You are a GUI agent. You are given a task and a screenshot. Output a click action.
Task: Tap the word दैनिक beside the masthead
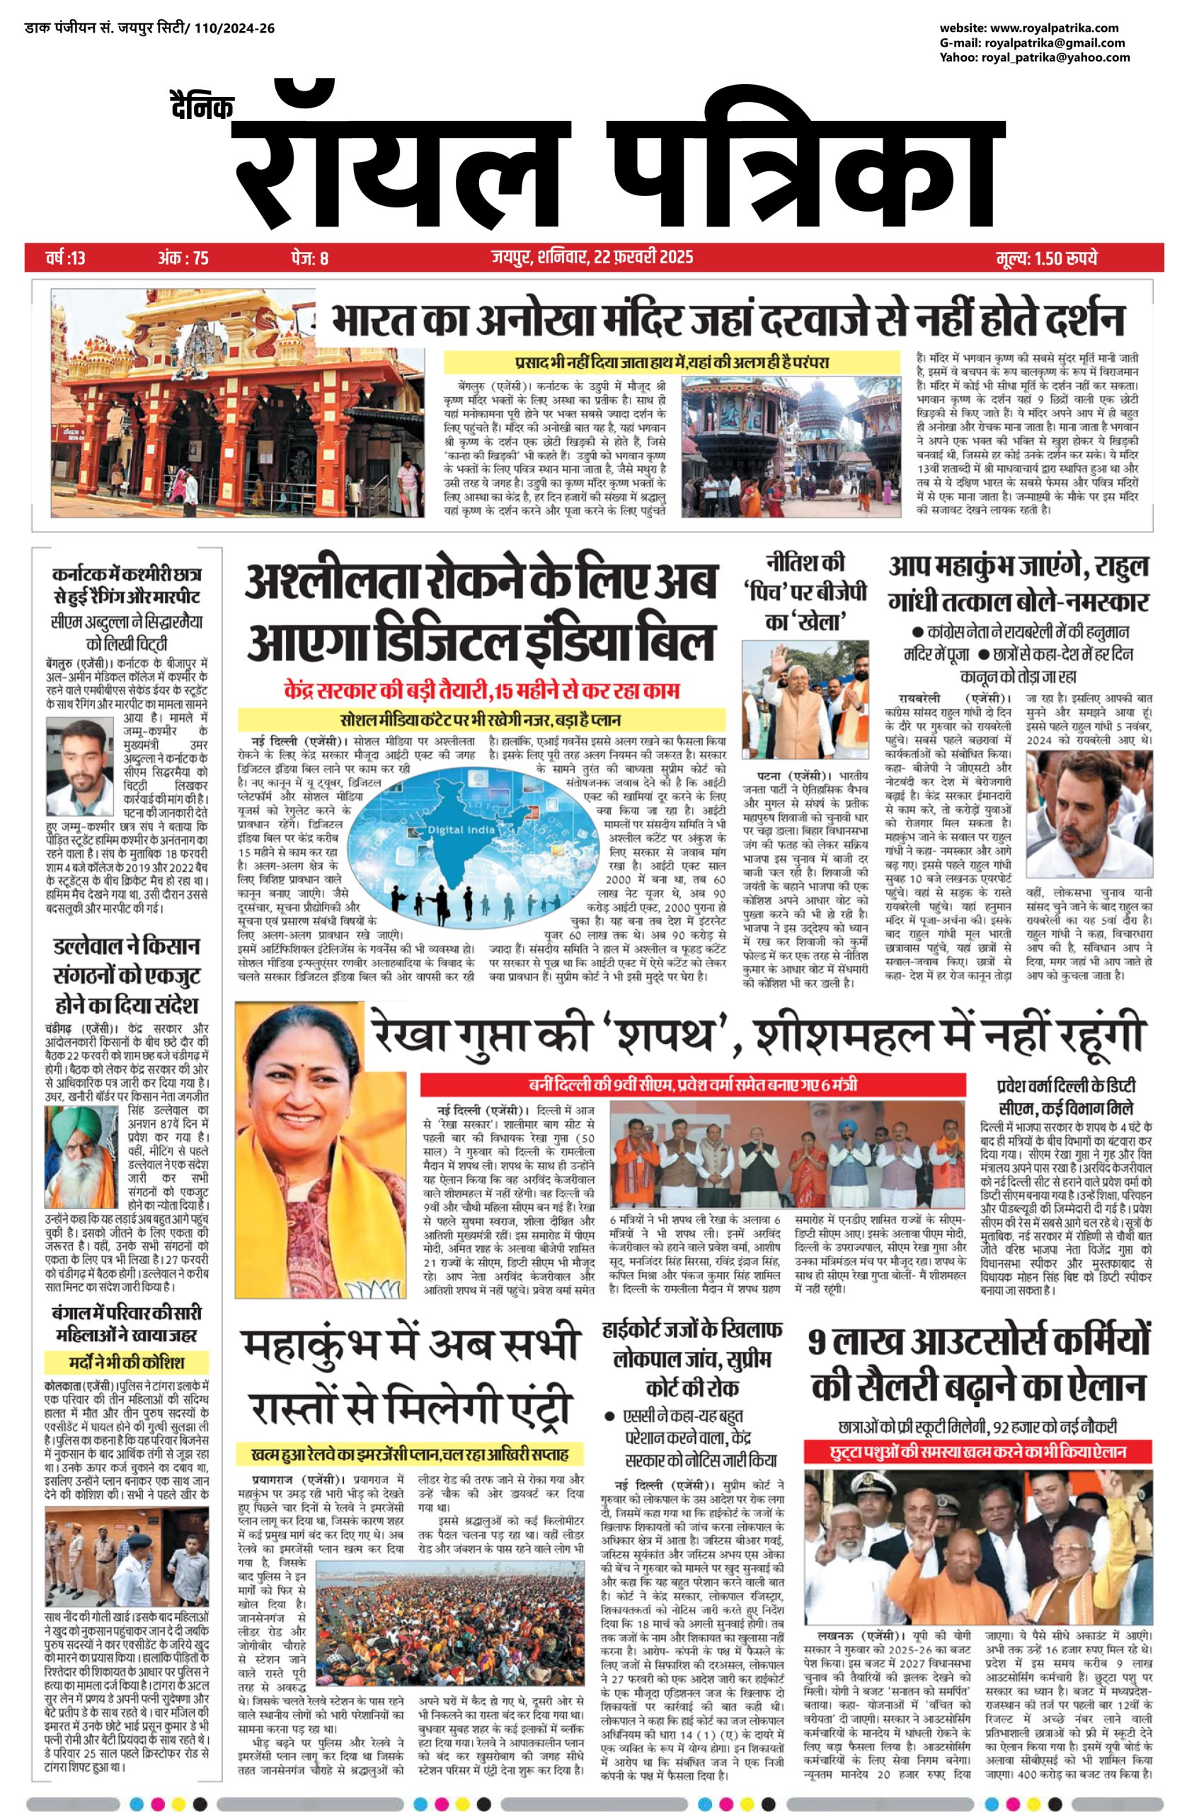201,105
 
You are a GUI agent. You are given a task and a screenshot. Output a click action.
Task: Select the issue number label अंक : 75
183,258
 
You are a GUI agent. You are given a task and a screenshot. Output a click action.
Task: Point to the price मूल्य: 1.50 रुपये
1047,258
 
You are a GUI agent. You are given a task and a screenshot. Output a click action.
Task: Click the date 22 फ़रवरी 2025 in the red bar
643,257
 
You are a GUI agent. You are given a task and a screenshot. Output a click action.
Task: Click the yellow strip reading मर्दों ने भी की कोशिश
124,1363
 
